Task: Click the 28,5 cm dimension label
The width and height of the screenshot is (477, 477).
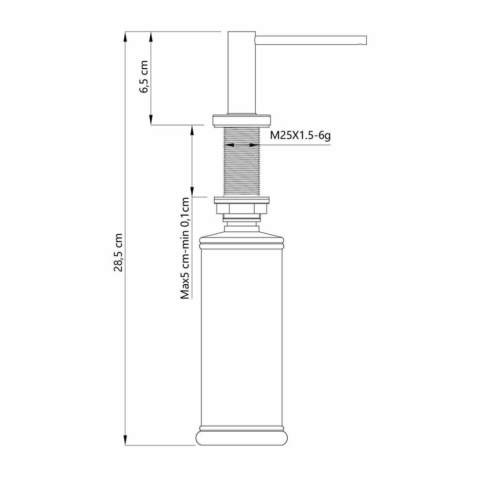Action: coord(118,252)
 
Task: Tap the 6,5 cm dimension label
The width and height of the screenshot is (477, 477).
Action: coord(144,77)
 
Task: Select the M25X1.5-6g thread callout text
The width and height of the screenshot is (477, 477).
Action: coord(300,135)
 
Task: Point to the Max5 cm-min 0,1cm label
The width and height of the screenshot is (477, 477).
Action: coord(185,248)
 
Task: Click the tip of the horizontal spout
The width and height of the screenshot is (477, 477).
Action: coord(366,41)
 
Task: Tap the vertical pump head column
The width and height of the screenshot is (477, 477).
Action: coord(241,73)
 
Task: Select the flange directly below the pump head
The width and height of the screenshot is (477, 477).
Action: coord(241,121)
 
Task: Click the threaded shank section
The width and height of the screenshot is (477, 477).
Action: coord(241,162)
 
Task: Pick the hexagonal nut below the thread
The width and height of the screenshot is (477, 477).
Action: coord(241,208)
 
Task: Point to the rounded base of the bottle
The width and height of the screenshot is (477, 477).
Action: coord(242,437)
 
